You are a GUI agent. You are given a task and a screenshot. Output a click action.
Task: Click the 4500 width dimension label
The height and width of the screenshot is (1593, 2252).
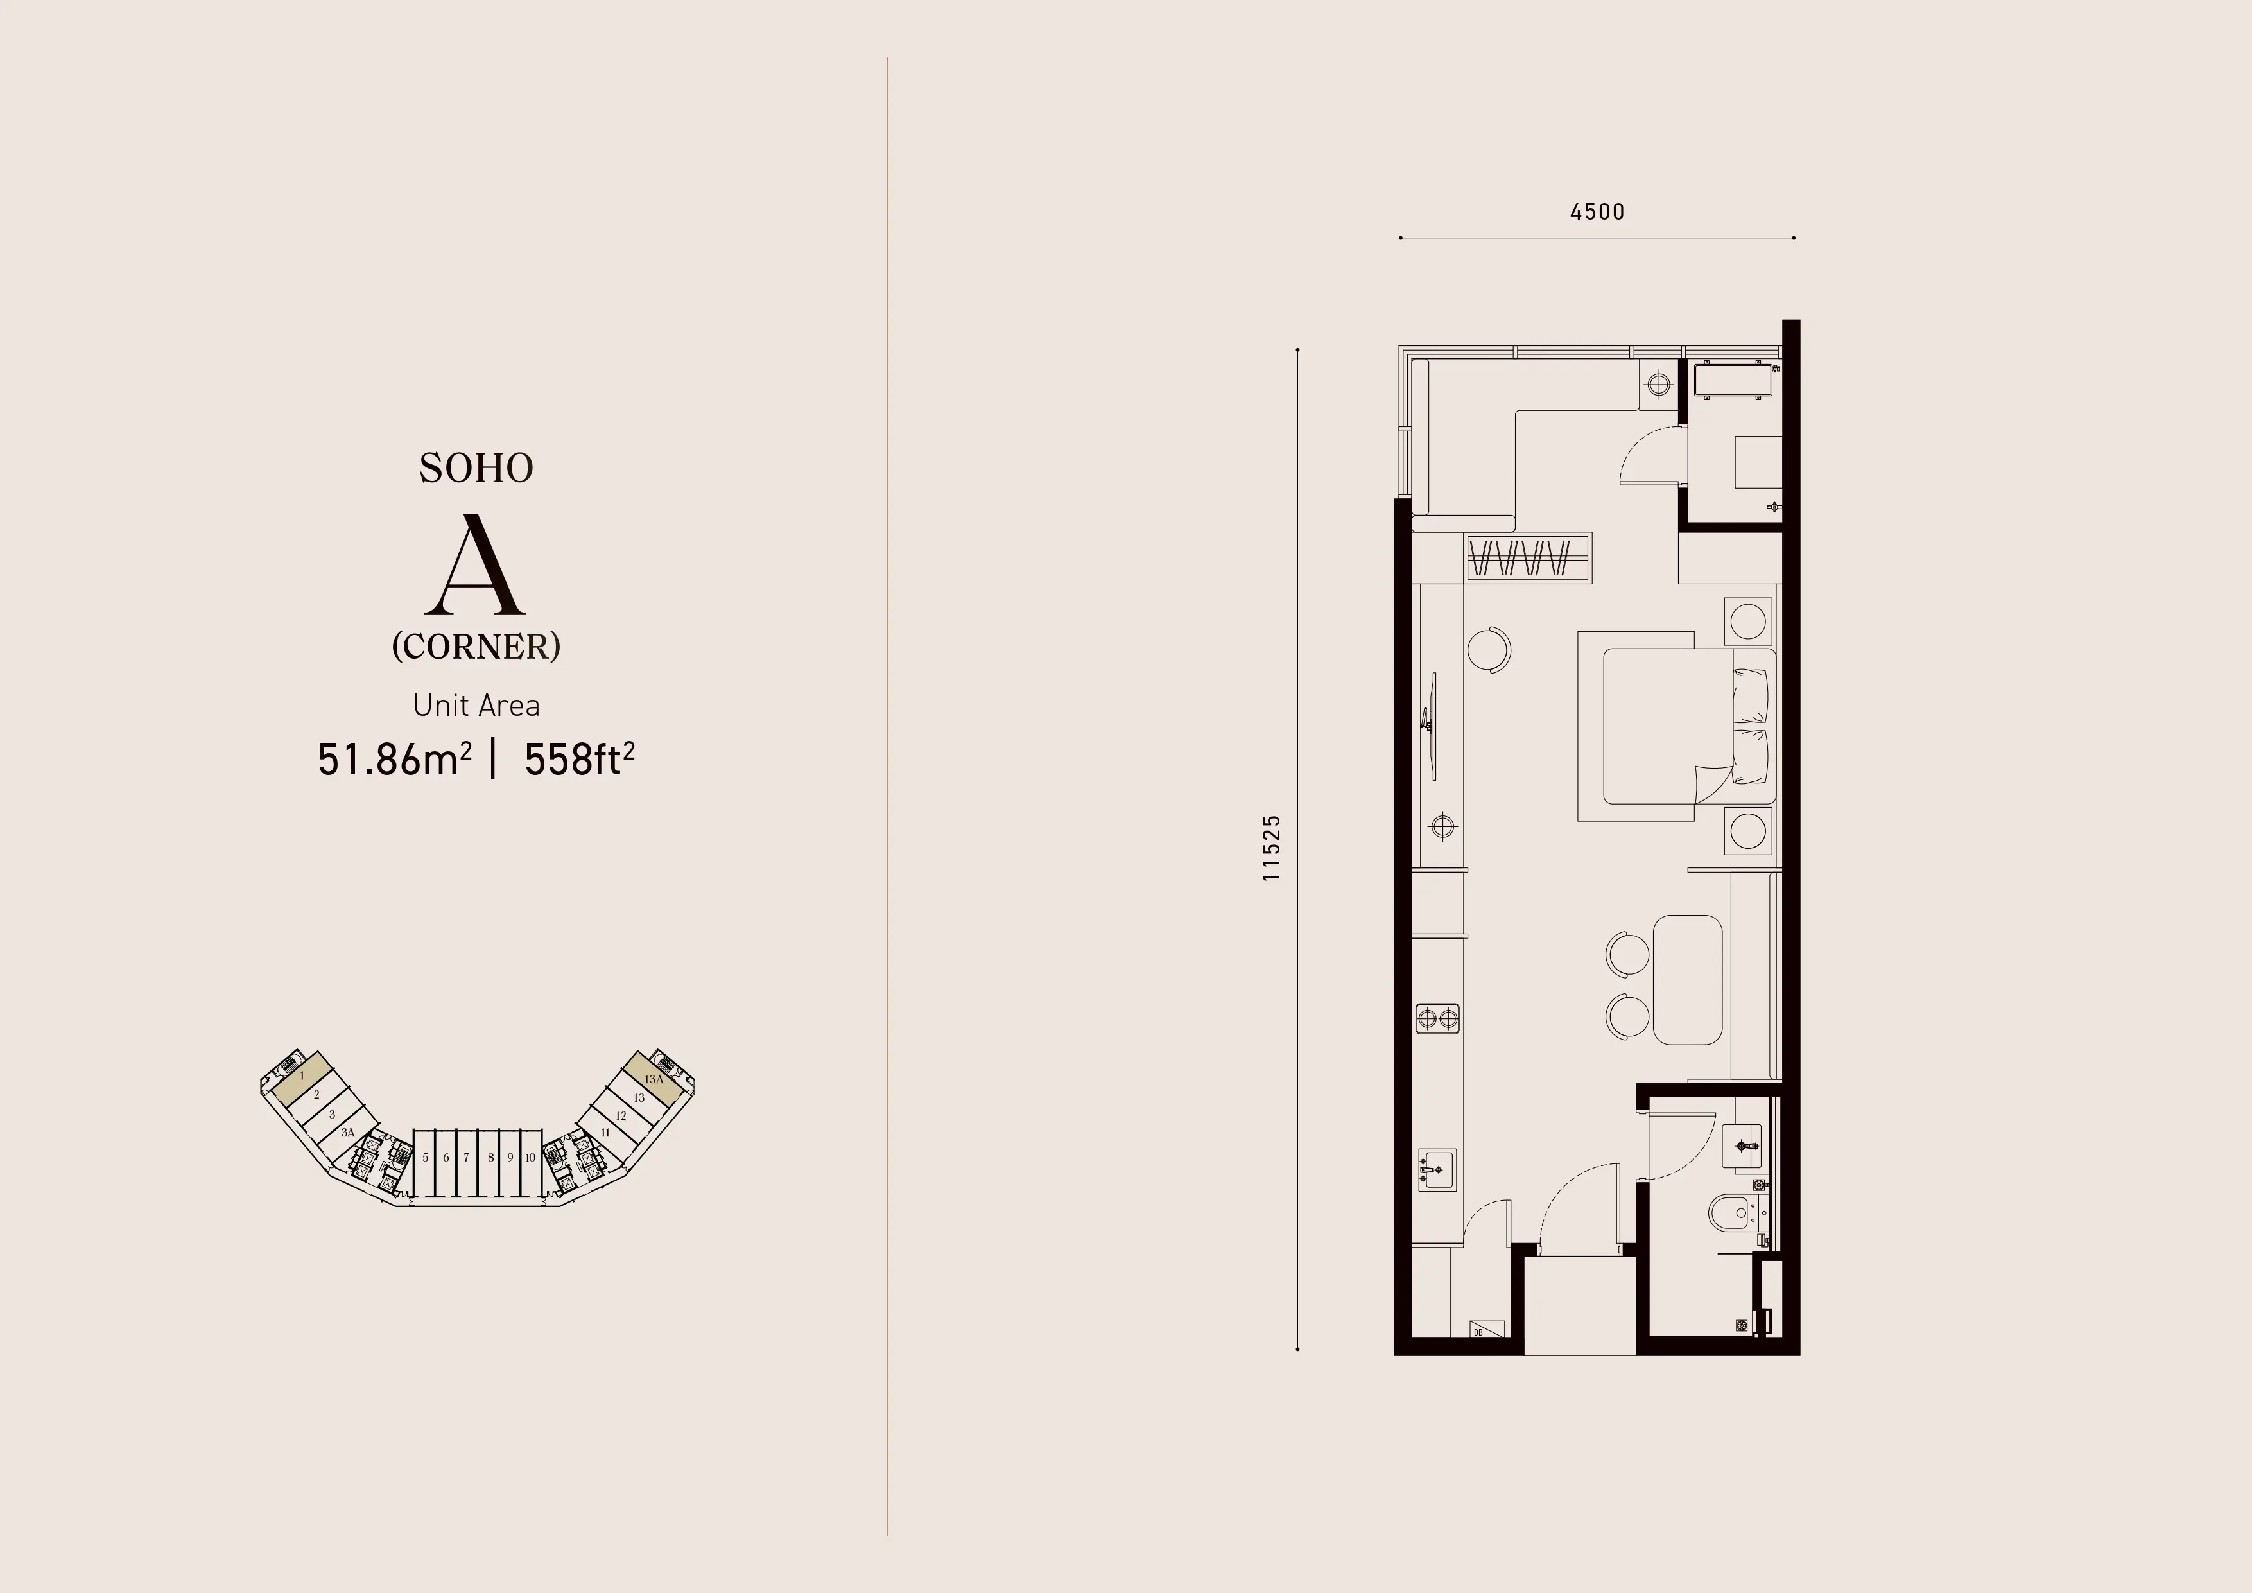pos(1597,212)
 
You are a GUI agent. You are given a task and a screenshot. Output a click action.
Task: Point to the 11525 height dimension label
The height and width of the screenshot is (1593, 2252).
pos(1271,848)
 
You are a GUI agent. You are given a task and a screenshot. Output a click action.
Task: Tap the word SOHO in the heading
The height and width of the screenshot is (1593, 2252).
pos(477,468)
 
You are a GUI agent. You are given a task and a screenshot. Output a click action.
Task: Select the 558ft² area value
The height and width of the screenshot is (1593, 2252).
pos(578,759)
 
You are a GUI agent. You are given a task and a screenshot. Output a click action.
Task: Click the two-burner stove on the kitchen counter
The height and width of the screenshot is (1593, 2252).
pos(1438,1019)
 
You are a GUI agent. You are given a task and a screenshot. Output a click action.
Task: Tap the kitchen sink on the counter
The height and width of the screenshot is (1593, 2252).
pos(1437,1169)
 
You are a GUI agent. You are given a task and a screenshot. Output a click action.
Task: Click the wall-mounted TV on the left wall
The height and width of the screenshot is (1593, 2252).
pos(1433,726)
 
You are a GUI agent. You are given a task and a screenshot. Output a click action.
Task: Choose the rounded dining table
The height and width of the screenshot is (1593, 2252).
pos(1687,980)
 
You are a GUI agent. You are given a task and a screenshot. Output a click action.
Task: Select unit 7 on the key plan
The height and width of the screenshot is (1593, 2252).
pos(466,1158)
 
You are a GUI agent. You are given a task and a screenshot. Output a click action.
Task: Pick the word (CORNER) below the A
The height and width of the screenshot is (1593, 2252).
pos(477,647)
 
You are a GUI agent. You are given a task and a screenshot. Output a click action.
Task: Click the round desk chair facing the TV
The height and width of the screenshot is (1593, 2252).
pos(1489,649)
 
